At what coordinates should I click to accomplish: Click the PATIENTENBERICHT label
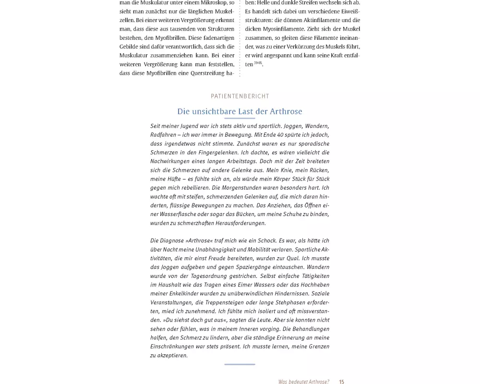pos(240,96)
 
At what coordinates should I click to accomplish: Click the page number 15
pos(342,382)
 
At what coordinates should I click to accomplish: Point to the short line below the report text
pos(240,364)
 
